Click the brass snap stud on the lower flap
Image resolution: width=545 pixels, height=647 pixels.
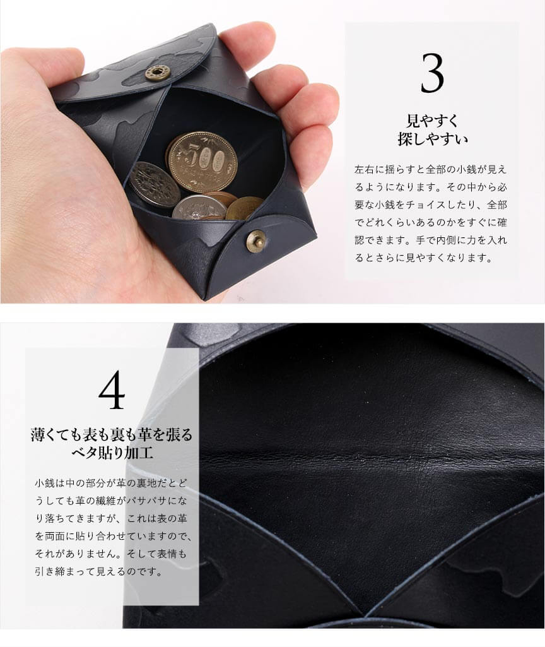tap(256, 241)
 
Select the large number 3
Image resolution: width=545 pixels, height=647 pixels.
tap(432, 73)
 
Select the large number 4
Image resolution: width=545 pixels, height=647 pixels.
tap(112, 390)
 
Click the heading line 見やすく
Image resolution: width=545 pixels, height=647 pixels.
tap(432, 121)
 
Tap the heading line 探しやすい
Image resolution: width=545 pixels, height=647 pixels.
tap(433, 139)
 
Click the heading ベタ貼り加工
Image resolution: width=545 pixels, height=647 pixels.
tap(112, 453)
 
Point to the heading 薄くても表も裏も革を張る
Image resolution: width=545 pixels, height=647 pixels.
tap(112, 434)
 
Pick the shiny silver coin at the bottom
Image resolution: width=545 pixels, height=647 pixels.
tap(199, 208)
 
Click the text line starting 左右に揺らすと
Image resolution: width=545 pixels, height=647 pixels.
tap(430, 169)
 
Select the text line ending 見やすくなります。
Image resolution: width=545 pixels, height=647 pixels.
tap(424, 258)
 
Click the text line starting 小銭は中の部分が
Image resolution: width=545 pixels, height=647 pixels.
tap(110, 483)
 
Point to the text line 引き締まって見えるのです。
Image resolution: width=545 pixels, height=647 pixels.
tap(98, 571)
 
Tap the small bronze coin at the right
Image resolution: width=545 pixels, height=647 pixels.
tap(244, 208)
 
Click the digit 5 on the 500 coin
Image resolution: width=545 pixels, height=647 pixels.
tap(192, 157)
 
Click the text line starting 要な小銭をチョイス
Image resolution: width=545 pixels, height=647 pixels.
tap(430, 205)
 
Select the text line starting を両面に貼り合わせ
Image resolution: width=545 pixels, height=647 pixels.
tap(114, 536)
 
